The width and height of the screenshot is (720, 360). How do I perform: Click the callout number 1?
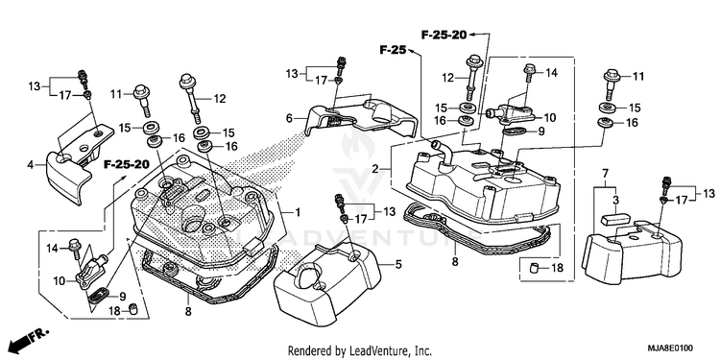click(297, 212)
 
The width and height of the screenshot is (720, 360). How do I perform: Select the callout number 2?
click(375, 169)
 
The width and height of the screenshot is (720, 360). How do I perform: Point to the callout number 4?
click(31, 164)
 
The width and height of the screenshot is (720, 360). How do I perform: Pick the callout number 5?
click(398, 264)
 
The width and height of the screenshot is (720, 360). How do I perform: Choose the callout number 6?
click(289, 118)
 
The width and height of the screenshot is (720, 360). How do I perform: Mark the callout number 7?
click(605, 174)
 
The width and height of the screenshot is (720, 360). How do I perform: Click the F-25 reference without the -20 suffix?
click(393, 50)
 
